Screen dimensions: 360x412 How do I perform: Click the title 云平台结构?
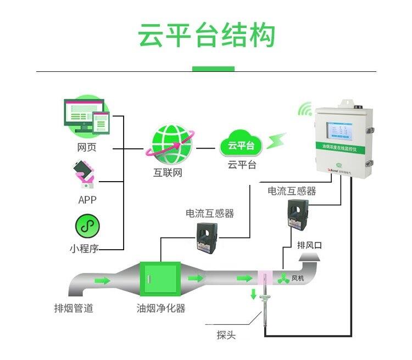click(206, 36)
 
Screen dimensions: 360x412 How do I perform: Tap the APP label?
click(87, 200)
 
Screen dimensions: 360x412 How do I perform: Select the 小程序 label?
click(84, 249)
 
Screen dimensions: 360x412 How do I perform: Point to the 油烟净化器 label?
click(161, 308)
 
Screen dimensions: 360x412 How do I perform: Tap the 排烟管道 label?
click(73, 308)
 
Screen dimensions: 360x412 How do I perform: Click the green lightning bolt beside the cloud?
click(277, 141)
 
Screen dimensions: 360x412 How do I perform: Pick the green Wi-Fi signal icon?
click(305, 109)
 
